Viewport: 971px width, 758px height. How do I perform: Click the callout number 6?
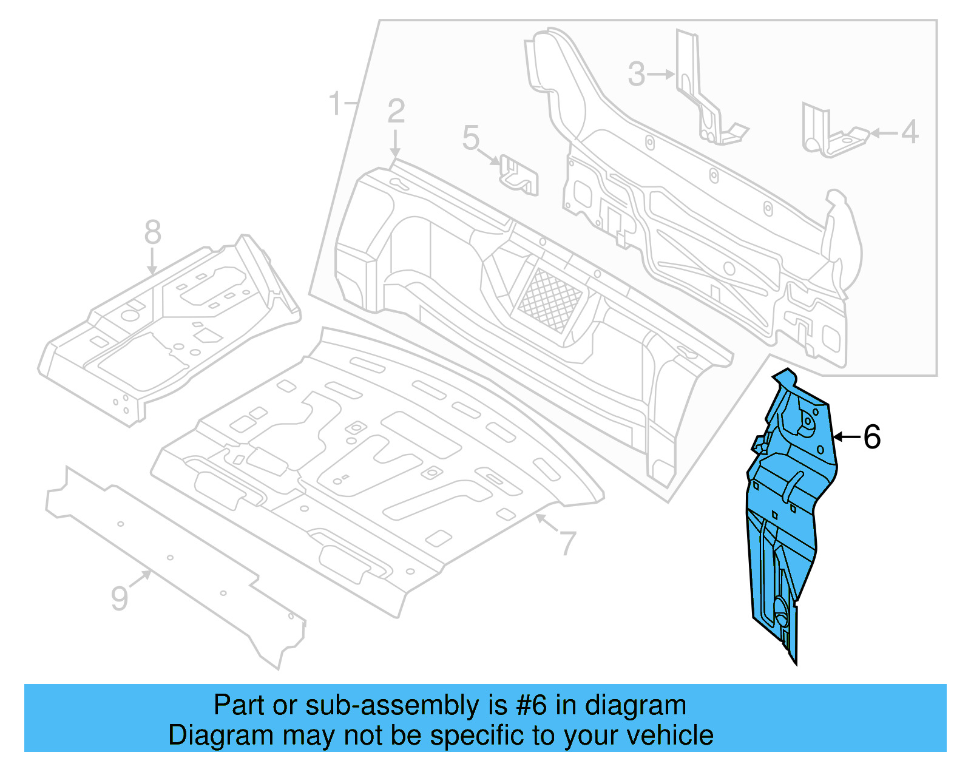click(x=872, y=437)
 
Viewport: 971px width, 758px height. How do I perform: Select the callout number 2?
click(x=396, y=112)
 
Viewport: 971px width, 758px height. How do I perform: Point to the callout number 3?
click(x=636, y=75)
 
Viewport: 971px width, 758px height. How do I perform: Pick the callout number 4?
click(x=909, y=132)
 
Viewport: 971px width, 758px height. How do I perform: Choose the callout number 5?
click(x=470, y=138)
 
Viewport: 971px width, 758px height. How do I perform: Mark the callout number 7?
click(x=567, y=543)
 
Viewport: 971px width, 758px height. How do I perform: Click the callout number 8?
click(x=152, y=232)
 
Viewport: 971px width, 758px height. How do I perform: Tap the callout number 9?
click(x=120, y=598)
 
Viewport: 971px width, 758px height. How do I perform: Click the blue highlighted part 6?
click(x=786, y=516)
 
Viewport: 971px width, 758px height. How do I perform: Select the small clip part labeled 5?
click(x=519, y=176)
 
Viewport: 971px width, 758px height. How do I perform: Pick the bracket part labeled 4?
click(x=831, y=134)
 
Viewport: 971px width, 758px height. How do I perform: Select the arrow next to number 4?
click(x=883, y=132)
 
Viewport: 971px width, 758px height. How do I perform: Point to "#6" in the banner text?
click(x=532, y=706)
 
